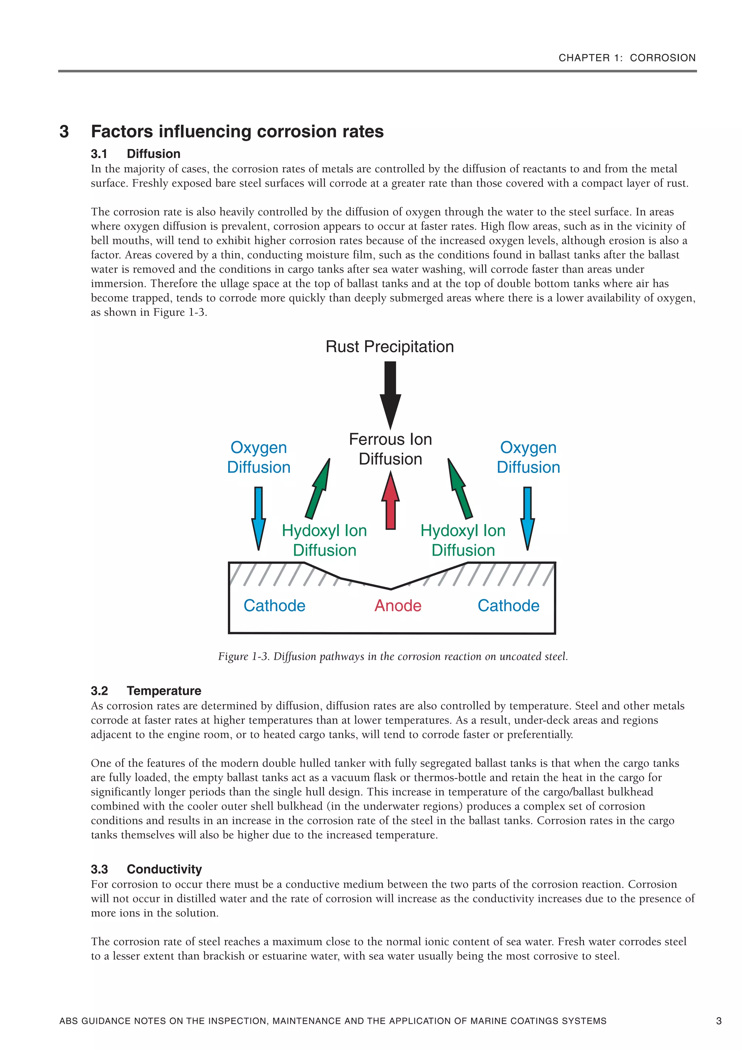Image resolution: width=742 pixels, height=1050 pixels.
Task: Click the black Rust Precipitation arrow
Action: pyautogui.click(x=390, y=394)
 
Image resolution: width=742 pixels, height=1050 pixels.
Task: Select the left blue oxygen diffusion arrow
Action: pyautogui.click(x=258, y=517)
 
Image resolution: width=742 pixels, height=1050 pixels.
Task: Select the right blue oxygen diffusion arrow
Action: pyautogui.click(x=527, y=517)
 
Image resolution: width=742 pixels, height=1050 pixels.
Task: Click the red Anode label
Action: pyautogui.click(x=397, y=606)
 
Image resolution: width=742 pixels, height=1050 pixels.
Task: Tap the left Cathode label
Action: pyautogui.click(x=274, y=606)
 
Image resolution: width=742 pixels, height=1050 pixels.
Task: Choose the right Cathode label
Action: pyautogui.click(x=508, y=606)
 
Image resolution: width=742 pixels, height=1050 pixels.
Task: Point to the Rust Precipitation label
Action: pyautogui.click(x=389, y=346)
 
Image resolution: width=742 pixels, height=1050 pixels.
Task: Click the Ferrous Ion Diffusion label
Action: pyautogui.click(x=390, y=449)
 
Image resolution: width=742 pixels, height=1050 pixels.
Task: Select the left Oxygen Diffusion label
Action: pyautogui.click(x=258, y=457)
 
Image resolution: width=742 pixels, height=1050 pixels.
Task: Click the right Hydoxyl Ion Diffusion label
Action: pyautogui.click(x=463, y=540)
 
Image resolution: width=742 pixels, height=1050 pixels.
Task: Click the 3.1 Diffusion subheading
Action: pyautogui.click(x=136, y=154)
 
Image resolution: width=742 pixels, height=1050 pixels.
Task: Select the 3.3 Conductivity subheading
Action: pyautogui.click(x=146, y=869)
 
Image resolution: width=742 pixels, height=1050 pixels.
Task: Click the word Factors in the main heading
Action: pyautogui.click(x=122, y=132)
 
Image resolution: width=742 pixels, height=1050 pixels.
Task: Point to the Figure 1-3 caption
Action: pyautogui.click(x=393, y=657)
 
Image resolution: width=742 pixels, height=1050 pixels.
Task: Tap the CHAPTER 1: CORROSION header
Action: pyautogui.click(x=627, y=58)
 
